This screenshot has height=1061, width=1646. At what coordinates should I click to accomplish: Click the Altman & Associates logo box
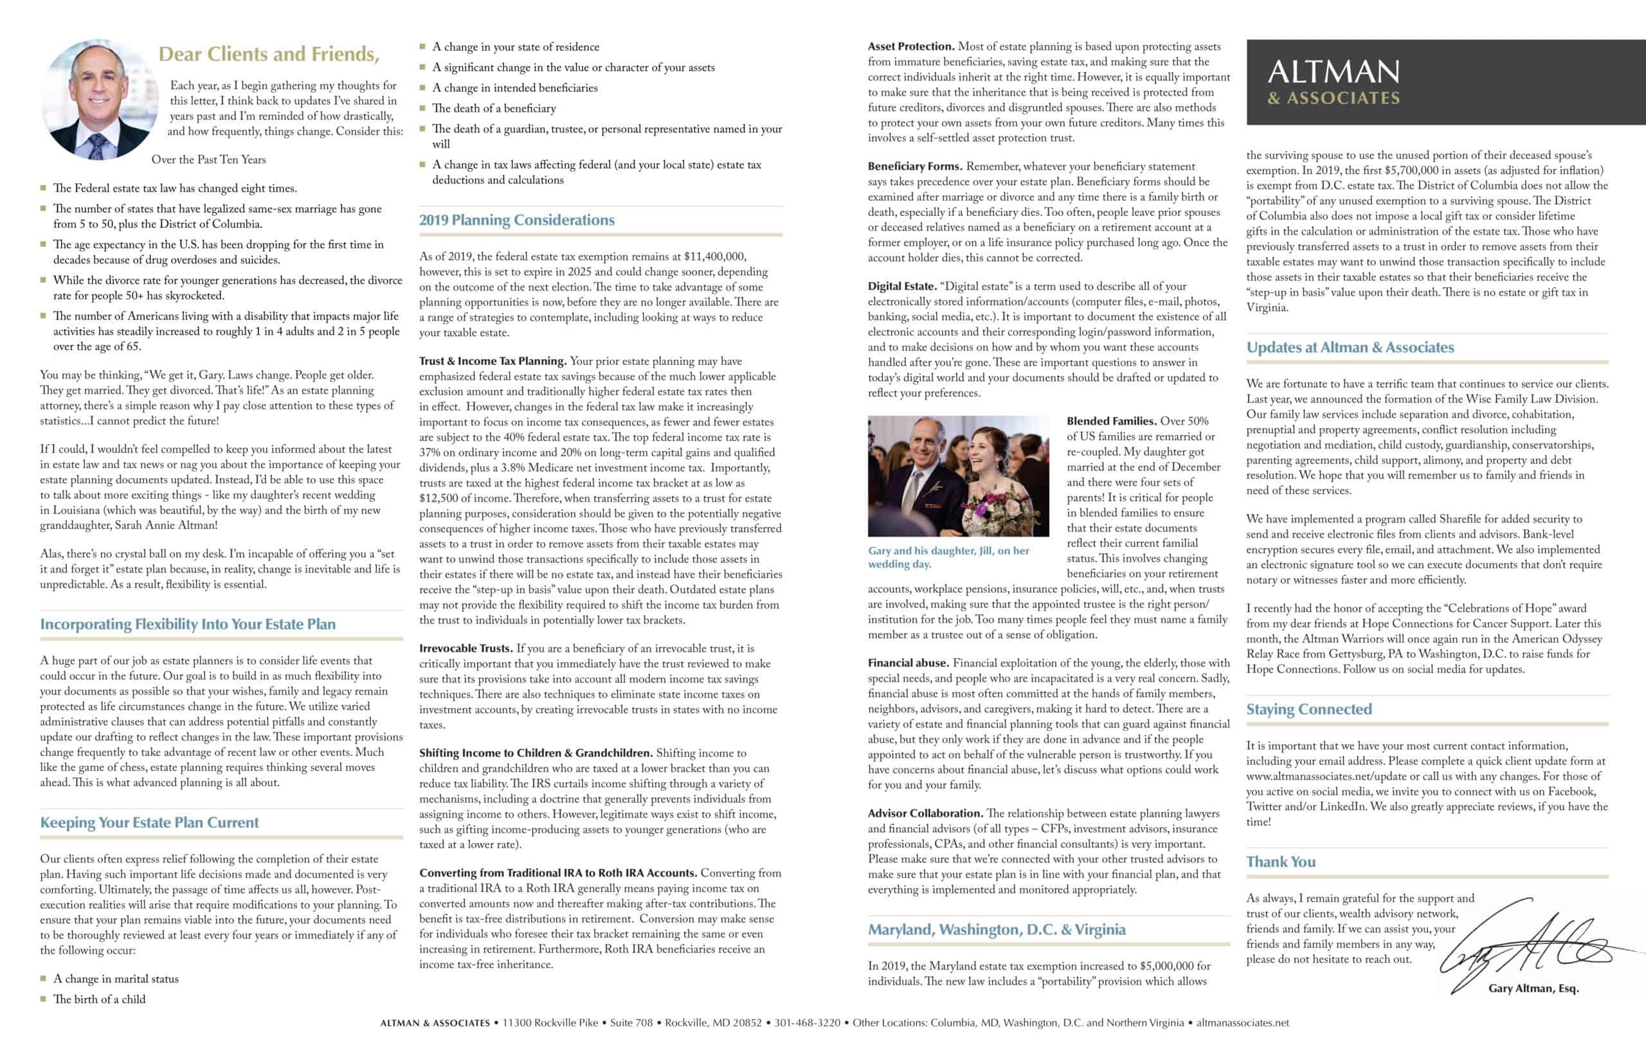pos(1445,82)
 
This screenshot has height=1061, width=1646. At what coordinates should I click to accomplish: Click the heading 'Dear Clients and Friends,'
pos(269,55)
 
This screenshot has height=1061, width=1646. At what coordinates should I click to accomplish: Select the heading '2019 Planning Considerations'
pos(516,220)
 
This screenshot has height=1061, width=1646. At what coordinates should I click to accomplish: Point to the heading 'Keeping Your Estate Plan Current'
pos(150,823)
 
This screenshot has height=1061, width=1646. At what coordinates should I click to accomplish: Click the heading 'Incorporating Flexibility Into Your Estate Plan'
pos(188,624)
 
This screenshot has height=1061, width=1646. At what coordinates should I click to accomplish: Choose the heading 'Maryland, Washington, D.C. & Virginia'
pos(996,929)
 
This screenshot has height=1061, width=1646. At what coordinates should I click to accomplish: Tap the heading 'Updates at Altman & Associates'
pos(1350,347)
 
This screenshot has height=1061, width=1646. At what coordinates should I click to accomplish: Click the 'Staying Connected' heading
pos(1308,709)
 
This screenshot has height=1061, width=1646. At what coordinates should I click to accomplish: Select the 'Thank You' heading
pos(1280,862)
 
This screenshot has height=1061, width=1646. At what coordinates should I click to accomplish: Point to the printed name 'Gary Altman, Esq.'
pos(1533,988)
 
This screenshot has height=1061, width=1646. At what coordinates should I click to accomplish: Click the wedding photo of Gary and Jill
pos(958,476)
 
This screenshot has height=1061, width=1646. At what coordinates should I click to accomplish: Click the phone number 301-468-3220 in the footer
pos(807,1023)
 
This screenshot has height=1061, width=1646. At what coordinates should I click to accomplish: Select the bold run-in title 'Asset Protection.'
pos(910,47)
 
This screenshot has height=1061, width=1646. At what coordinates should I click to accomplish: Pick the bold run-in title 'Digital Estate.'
pos(901,287)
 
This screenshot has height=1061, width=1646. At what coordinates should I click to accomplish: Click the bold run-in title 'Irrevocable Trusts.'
pos(466,648)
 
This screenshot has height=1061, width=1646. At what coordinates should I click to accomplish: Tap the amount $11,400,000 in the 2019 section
pos(711,256)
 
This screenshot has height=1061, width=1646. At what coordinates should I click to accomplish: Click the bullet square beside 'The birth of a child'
pos(44,998)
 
